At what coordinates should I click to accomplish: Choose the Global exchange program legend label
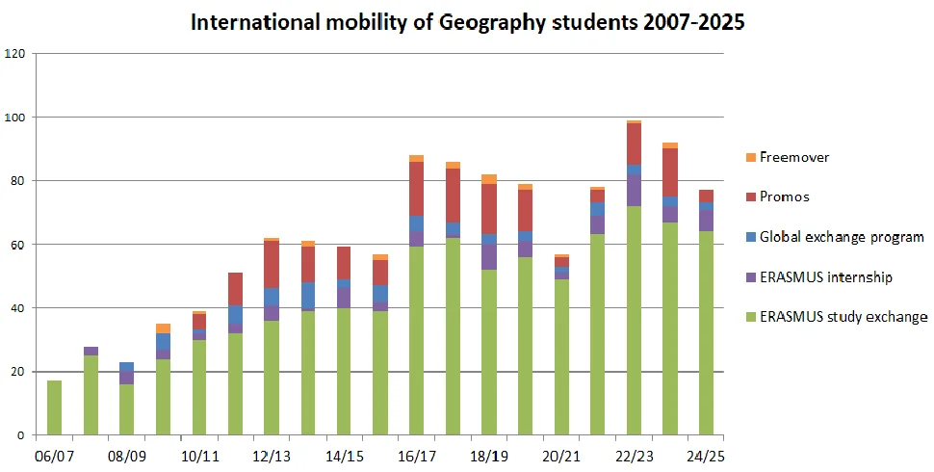pos(843,237)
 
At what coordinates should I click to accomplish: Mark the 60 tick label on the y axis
pos(17,245)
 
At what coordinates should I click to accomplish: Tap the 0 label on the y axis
pos(21,435)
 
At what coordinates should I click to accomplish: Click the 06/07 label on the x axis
pos(54,454)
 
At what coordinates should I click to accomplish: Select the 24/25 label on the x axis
pos(706,454)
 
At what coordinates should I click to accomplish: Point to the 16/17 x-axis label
pos(416,454)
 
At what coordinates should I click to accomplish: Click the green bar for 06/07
pos(54,407)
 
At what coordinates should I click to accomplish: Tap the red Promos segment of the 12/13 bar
pos(272,264)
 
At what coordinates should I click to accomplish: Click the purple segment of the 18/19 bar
pos(489,257)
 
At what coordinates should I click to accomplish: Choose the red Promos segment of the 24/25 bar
pos(706,196)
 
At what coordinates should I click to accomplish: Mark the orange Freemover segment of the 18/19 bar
pos(489,178)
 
